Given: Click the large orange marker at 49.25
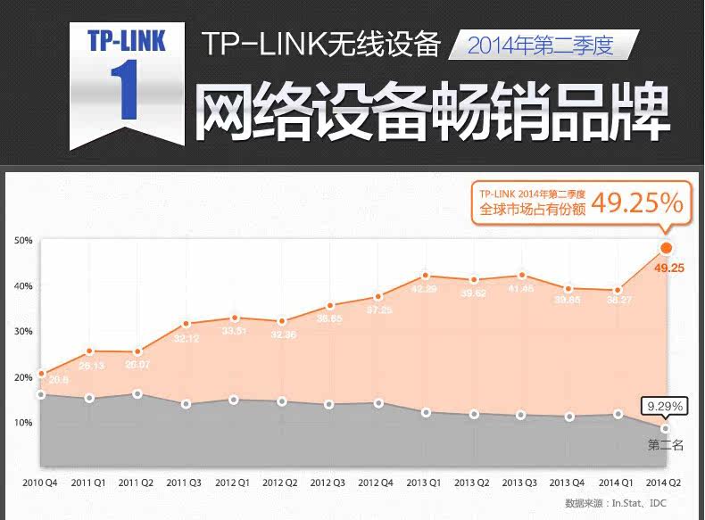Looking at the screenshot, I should pyautogui.click(x=666, y=248).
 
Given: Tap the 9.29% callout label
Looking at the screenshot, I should pyautogui.click(x=665, y=407).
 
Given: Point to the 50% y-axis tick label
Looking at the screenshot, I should pyautogui.click(x=23, y=241).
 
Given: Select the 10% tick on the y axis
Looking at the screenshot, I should pyautogui.click(x=23, y=422).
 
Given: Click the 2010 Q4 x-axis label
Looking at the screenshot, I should pyautogui.click(x=39, y=483).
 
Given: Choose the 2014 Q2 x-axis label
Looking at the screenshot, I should pyautogui.click(x=663, y=483).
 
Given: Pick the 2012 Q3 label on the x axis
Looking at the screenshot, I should pyautogui.click(x=328, y=483).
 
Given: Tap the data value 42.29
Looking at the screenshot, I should pyautogui.click(x=424, y=289).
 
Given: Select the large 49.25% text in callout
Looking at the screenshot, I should pyautogui.click(x=637, y=204).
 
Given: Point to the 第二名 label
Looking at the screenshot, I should pyautogui.click(x=665, y=444).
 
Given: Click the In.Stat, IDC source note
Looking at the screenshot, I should pyautogui.click(x=624, y=503).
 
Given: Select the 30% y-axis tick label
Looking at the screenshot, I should pyautogui.click(x=23, y=331).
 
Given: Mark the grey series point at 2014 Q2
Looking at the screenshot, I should pyautogui.click(x=665, y=429).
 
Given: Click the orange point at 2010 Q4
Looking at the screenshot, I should pyautogui.click(x=40, y=374).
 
